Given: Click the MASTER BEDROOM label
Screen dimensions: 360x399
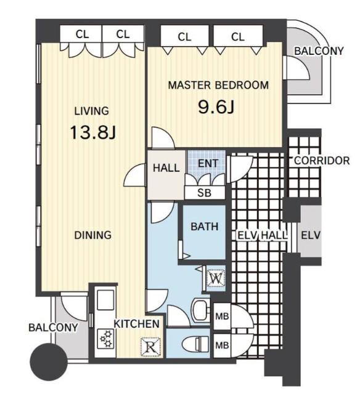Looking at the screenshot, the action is [218, 85].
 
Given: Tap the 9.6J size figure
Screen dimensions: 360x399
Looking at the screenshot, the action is [216, 107].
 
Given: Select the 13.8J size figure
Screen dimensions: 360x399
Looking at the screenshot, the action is [92, 132].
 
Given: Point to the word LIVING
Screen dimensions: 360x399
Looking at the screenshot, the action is [91, 111].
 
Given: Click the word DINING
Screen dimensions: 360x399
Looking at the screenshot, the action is [92, 235].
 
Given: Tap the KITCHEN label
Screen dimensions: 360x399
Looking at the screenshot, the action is [136, 324].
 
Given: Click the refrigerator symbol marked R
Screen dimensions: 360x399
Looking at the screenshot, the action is [150, 346].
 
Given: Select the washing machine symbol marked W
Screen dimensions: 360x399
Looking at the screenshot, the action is [216, 279].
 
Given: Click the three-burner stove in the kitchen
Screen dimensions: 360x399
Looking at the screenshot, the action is [106, 339].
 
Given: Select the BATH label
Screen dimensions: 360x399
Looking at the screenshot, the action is [205, 226].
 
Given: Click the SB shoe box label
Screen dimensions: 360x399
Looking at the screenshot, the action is [205, 193].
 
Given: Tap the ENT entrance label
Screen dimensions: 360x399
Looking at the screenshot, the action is [208, 163].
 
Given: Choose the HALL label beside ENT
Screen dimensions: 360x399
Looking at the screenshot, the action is [166, 168].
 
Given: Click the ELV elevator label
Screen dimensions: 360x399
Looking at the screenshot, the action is [311, 235].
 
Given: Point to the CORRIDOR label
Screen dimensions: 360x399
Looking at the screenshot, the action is [322, 161].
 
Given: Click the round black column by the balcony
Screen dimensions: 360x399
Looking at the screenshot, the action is [49, 361].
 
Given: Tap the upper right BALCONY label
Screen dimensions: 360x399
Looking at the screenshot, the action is [319, 51].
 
